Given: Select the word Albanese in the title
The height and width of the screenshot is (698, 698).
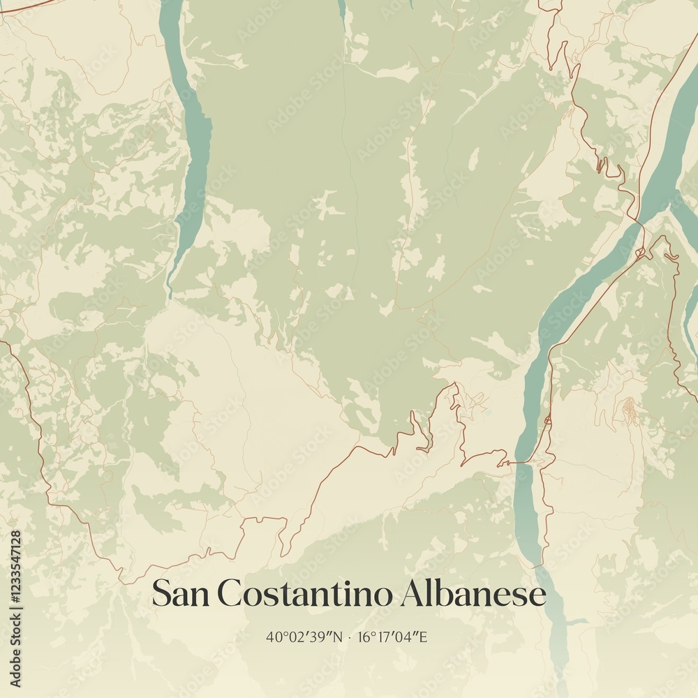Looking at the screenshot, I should click(473, 594).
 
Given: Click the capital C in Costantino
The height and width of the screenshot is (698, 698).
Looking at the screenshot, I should click(229, 594).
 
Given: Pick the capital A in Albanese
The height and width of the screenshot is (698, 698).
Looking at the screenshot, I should click(414, 593).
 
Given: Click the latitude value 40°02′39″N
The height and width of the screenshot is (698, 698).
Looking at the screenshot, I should click(305, 637).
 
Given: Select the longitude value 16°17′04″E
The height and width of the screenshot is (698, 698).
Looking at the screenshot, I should click(392, 637).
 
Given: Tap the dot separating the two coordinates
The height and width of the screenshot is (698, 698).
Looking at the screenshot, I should click(350, 637).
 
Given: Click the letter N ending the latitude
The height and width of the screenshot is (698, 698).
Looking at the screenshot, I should click(339, 637).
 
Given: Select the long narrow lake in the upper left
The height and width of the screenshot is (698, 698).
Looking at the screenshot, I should click(190, 140).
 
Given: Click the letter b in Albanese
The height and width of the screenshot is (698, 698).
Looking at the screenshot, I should click(446, 593).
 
